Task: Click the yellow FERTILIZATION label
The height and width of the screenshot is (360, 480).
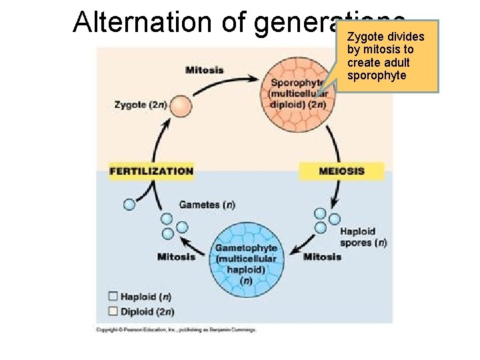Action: pos(151,171)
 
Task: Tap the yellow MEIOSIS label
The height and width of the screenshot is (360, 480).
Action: pos(341,171)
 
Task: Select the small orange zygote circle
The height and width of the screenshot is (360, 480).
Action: pos(179,106)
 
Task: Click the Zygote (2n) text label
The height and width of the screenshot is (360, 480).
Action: pos(141,105)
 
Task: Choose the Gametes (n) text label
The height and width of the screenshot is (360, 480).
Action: pos(207,205)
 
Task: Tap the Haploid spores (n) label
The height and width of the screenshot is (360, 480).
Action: pos(362,237)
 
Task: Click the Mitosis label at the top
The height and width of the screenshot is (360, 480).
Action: pos(205,70)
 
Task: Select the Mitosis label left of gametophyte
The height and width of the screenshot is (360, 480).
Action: pos(176,257)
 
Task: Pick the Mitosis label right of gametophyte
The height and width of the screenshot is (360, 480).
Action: pos(322,257)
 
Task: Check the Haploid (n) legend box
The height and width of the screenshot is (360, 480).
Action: pos(113,297)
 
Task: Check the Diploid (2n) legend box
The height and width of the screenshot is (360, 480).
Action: pos(113,311)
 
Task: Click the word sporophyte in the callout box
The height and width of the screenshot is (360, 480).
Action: pos(377,75)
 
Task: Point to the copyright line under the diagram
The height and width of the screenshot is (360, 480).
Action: pos(176,329)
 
